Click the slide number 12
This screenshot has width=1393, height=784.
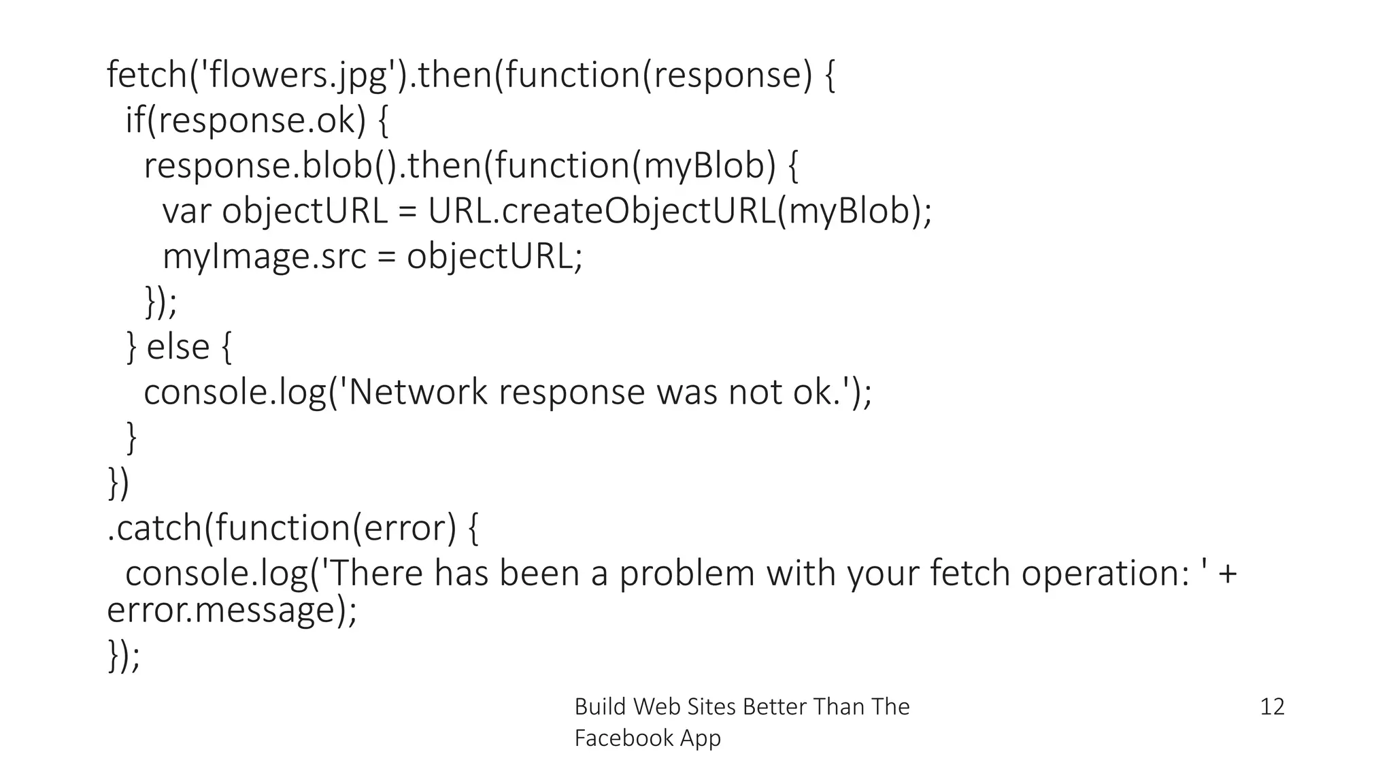[x=1272, y=707]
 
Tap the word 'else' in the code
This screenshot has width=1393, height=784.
[x=178, y=347]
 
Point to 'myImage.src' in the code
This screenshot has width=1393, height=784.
[x=265, y=257]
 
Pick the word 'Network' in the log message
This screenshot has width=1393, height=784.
[x=418, y=393]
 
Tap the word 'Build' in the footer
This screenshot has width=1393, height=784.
[x=600, y=707]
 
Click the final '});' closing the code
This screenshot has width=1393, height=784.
[x=124, y=655]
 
